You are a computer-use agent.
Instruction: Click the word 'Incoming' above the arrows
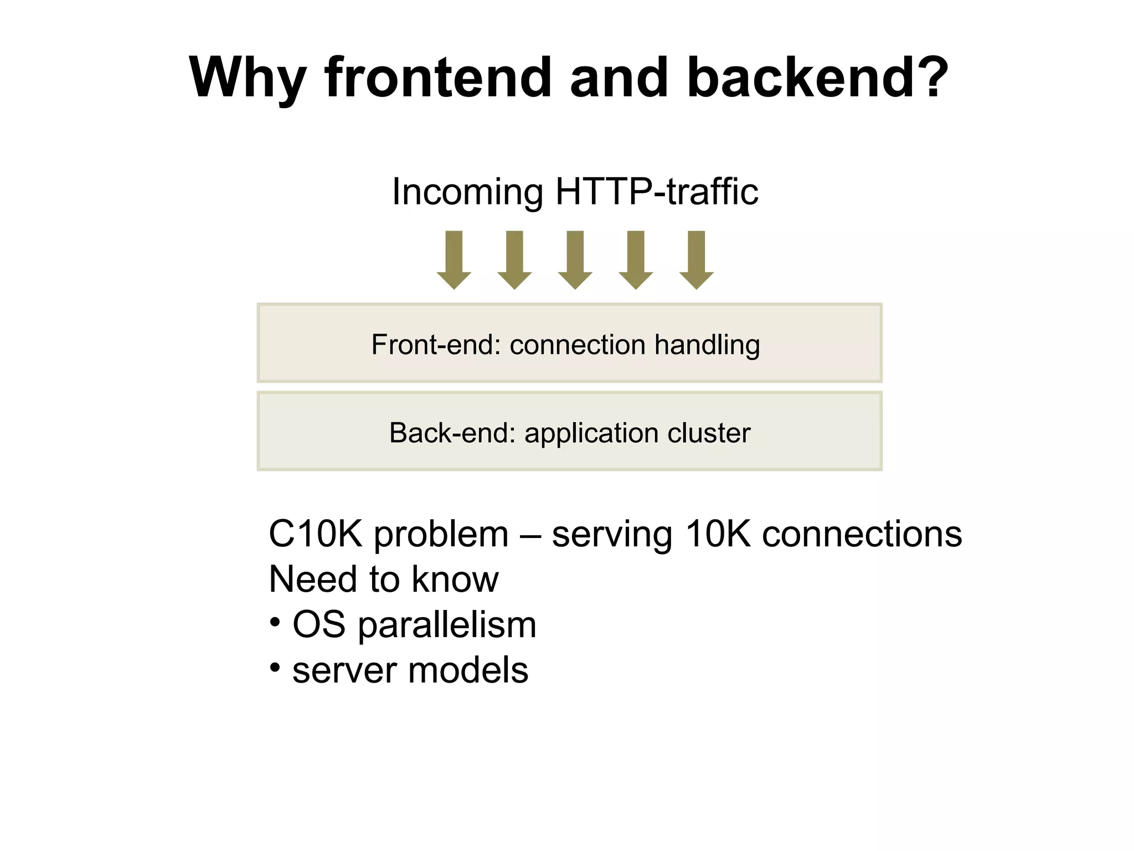[x=467, y=192]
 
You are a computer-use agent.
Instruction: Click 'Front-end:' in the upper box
[x=436, y=345]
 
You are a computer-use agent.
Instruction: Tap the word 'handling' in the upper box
[x=707, y=346]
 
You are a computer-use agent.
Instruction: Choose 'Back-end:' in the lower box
[x=452, y=433]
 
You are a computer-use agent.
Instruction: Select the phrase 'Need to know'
[x=383, y=580]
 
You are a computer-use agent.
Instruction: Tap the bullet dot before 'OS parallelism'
[x=275, y=622]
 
